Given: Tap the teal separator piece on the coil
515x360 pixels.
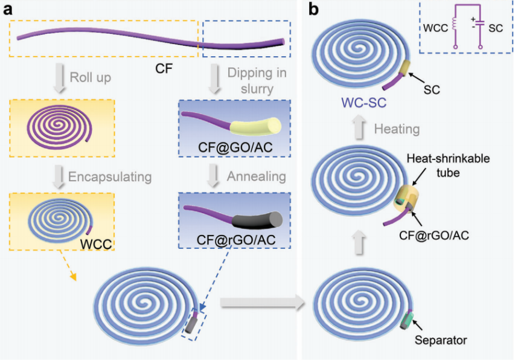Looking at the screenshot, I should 407,318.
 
